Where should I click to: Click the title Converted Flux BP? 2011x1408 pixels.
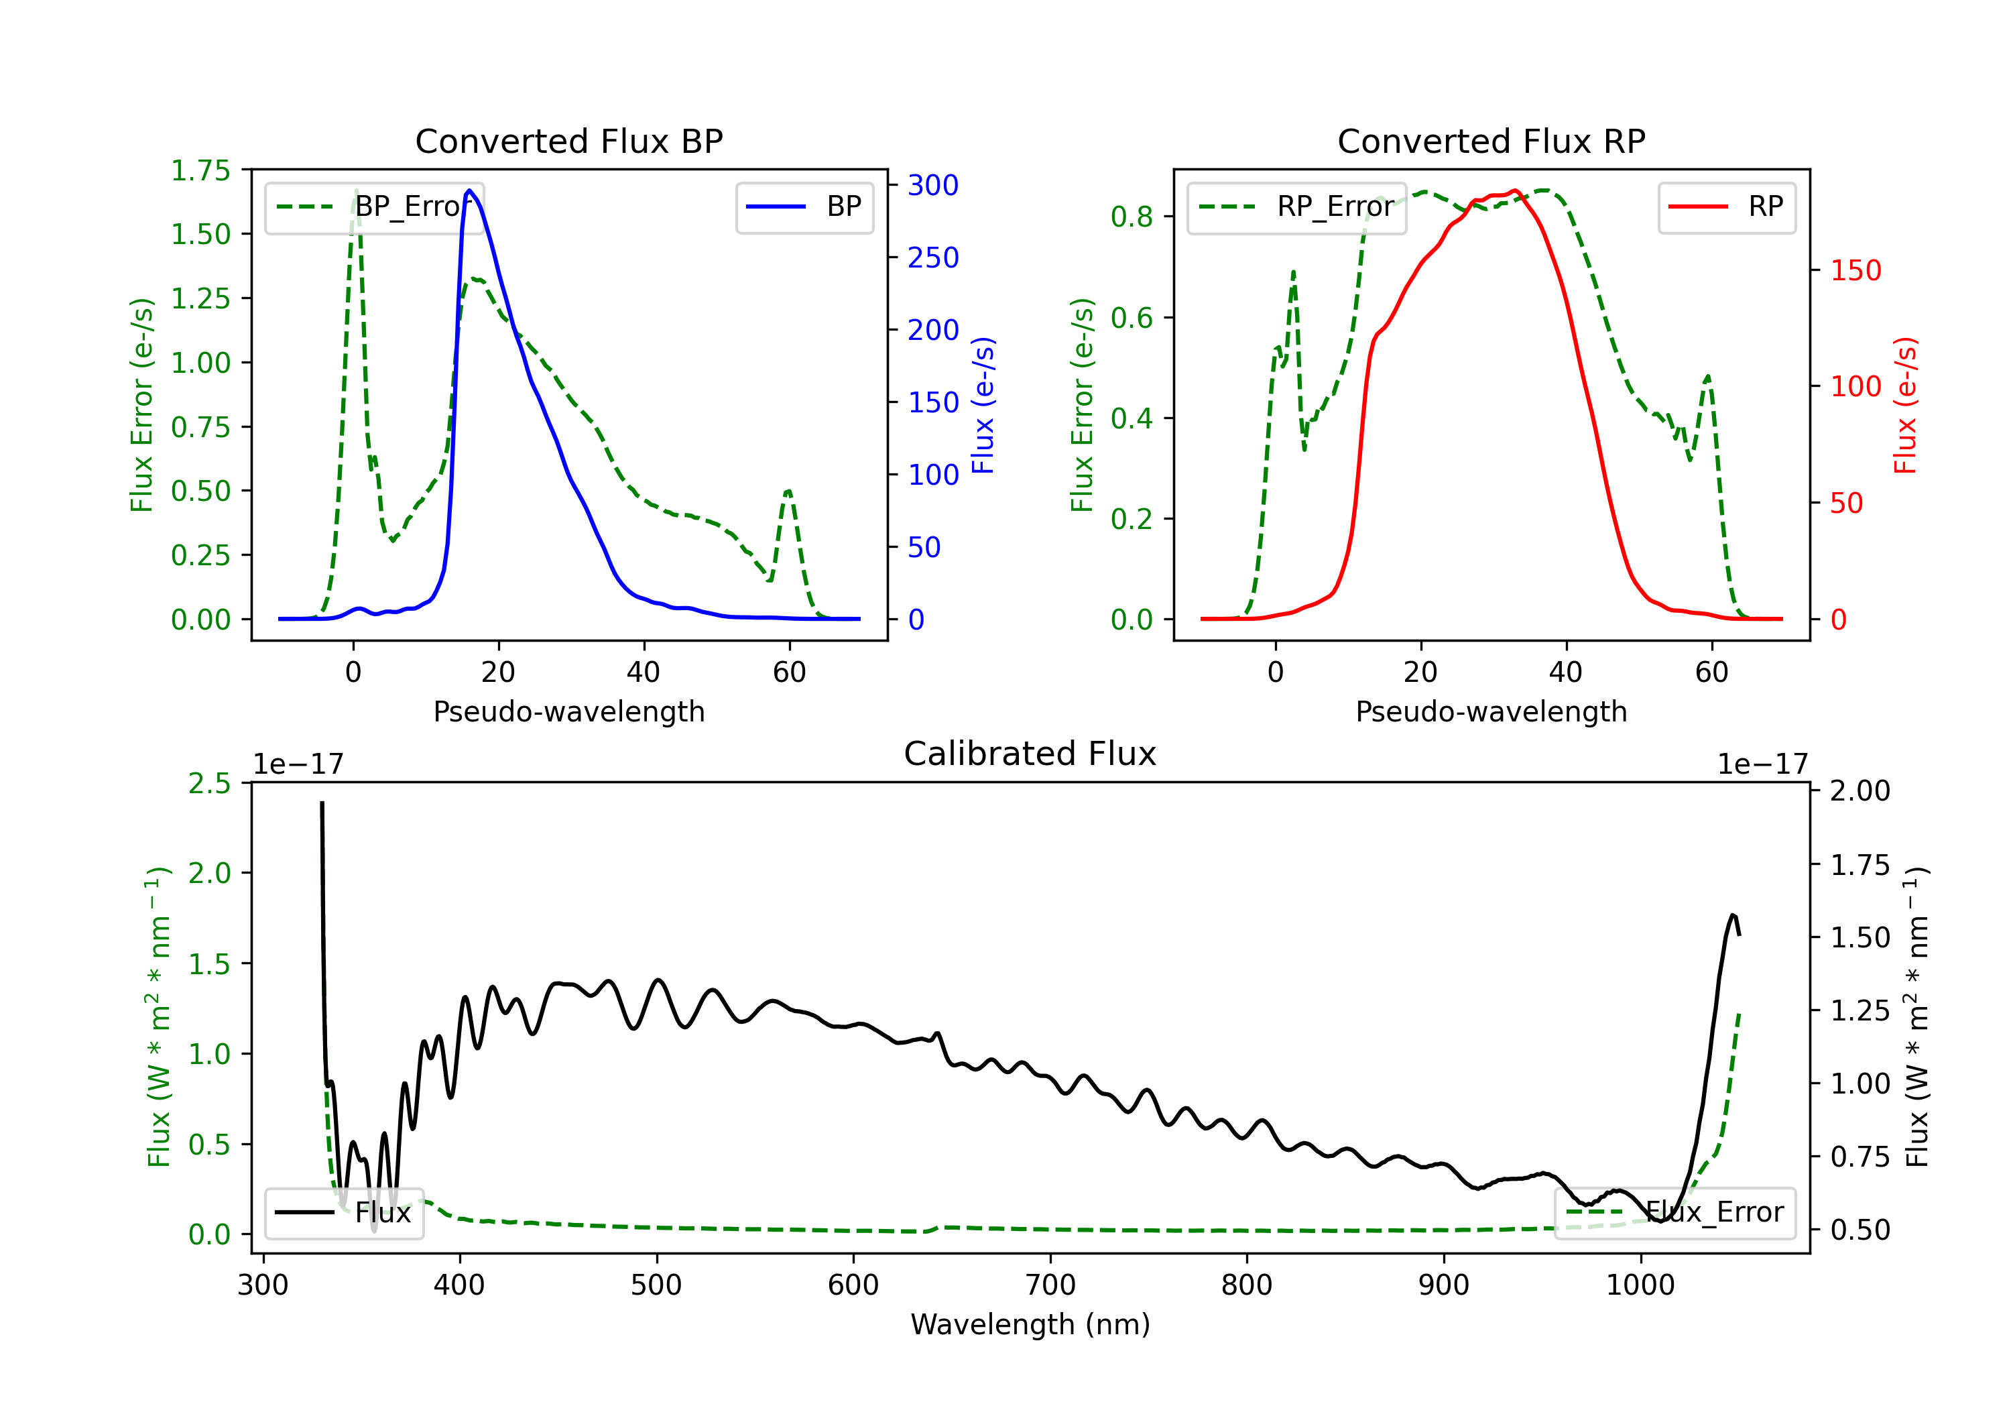click(x=568, y=141)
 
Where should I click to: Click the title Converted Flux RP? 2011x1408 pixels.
click(x=1491, y=141)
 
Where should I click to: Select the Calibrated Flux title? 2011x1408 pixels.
click(x=1030, y=754)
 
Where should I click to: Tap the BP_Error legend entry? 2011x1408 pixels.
click(x=374, y=207)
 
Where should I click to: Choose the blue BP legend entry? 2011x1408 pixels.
click(x=804, y=207)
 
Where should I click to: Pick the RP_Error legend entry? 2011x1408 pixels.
click(x=1296, y=207)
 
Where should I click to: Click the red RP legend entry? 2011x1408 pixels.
click(x=1726, y=207)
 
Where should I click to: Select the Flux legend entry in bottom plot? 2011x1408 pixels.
click(x=343, y=1213)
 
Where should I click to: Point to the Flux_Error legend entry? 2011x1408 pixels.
click(x=1674, y=1213)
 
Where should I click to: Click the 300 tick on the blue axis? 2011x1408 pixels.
click(x=933, y=185)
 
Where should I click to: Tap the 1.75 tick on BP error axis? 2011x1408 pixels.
click(x=200, y=170)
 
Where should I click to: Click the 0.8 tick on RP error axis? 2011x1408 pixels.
click(x=1132, y=217)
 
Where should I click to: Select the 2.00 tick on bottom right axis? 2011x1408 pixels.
click(x=1860, y=790)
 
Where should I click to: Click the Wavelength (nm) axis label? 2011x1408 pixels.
click(x=1030, y=1324)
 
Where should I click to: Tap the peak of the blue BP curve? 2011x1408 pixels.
click(x=469, y=190)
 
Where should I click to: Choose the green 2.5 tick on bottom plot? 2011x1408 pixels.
click(x=209, y=782)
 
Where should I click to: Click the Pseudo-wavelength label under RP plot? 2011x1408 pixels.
click(x=1491, y=711)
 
